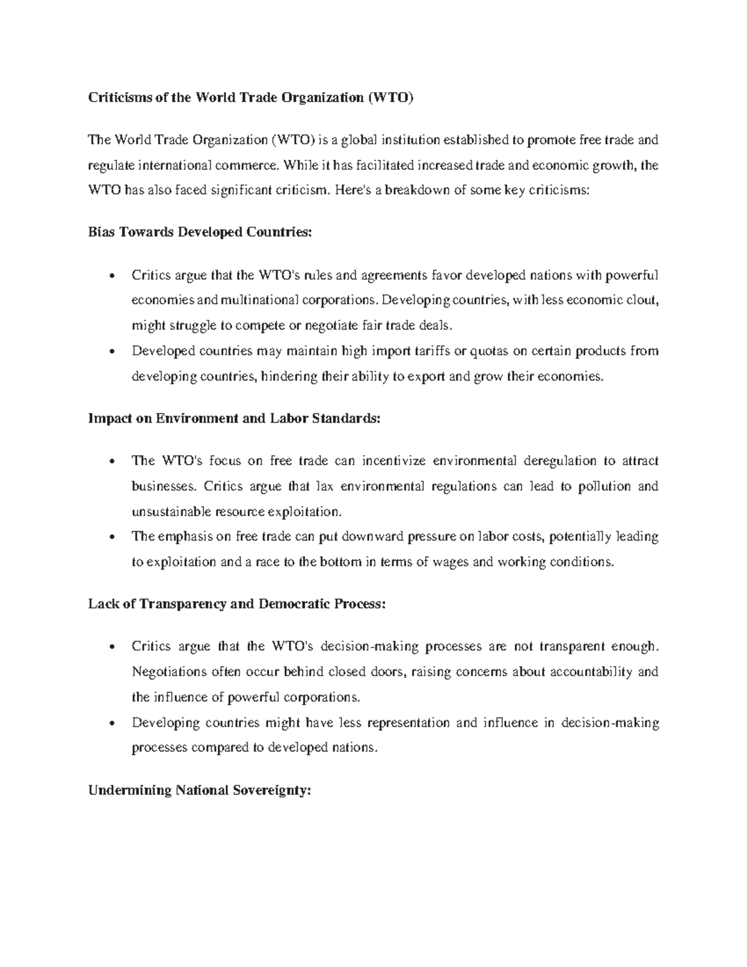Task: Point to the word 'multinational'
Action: pyautogui.click(x=256, y=300)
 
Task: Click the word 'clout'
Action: pyautogui.click(x=641, y=300)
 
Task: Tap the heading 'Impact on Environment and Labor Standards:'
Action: pyautogui.click(x=233, y=418)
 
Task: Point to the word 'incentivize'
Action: pyautogui.click(x=393, y=461)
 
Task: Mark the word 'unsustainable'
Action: pyautogui.click(x=172, y=512)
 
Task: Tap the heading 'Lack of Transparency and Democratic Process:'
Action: pyautogui.click(x=237, y=604)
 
